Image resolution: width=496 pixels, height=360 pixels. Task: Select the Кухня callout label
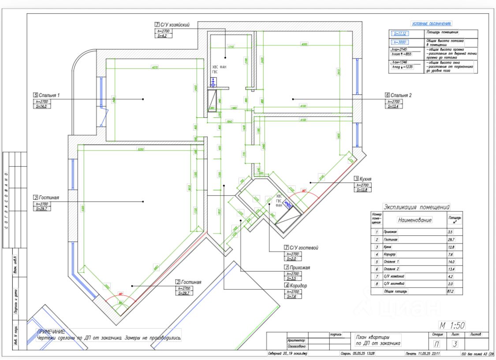[x=365, y=179]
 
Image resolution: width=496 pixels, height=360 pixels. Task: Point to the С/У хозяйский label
[x=174, y=25]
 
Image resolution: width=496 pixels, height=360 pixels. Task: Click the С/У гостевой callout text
[x=301, y=248]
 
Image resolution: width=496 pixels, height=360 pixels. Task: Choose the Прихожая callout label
[x=299, y=267]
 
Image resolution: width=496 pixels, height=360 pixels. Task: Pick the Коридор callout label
[x=298, y=285]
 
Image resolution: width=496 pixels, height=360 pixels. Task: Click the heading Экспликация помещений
[x=416, y=207]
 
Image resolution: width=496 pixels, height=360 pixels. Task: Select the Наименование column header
[x=414, y=219]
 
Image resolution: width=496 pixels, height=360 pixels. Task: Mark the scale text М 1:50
[x=452, y=326]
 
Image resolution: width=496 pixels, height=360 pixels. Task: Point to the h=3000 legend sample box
[x=401, y=42]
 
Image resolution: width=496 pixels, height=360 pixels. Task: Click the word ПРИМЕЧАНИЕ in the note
[x=51, y=331]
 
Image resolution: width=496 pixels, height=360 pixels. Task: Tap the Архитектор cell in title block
[x=296, y=340]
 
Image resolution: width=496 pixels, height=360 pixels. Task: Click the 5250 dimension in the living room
[x=141, y=149]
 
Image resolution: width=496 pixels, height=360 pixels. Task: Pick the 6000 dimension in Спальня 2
[x=304, y=44]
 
